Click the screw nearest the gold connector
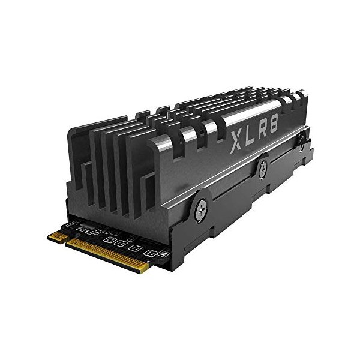[x=200, y=211]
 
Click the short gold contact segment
[x=57, y=236]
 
